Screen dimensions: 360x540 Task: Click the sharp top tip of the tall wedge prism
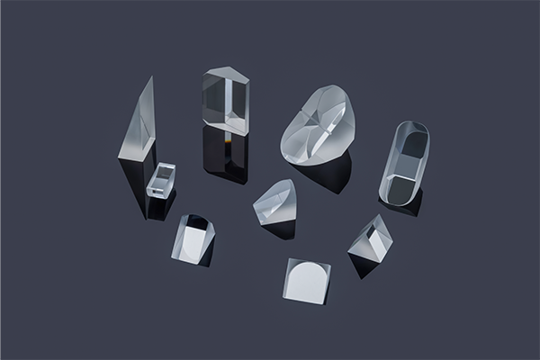click(x=151, y=78)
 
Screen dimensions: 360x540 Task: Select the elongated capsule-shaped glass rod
click(x=404, y=162)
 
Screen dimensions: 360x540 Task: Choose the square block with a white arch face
click(x=307, y=280)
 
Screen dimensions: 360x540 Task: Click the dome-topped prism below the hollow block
click(x=193, y=238)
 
